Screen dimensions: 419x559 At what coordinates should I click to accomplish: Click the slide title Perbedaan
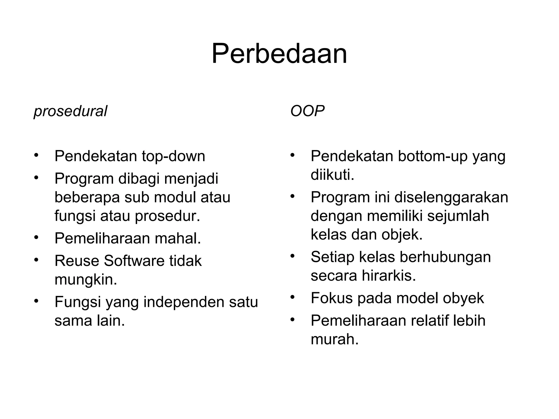[x=279, y=54]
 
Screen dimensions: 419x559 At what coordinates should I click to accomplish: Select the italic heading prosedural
[x=70, y=111]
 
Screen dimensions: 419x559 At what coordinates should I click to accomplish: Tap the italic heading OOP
[x=307, y=111]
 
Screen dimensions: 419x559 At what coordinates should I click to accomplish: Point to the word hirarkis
[x=389, y=276]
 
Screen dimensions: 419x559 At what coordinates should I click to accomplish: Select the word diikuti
[x=332, y=175]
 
